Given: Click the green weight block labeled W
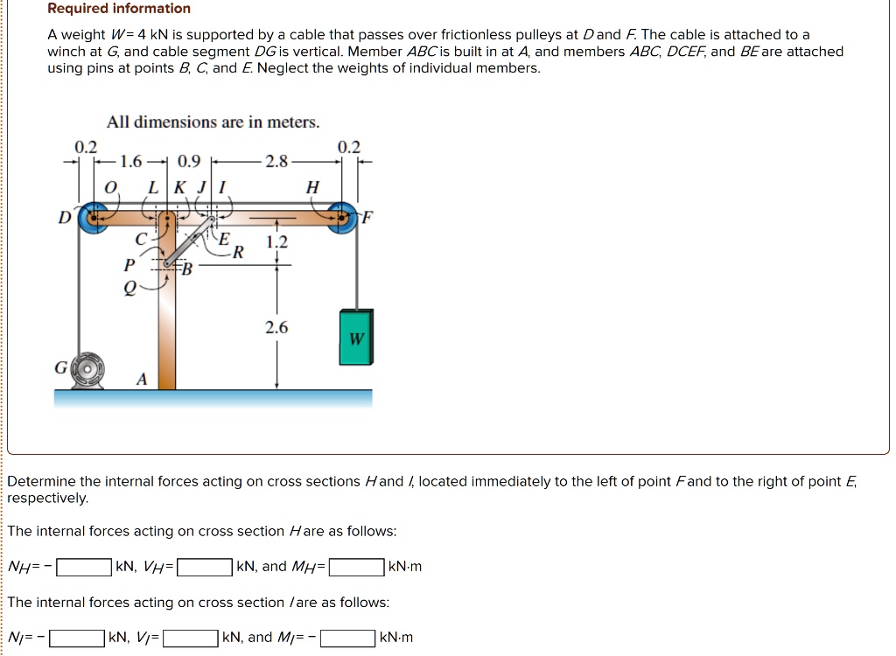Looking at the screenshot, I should (356, 337).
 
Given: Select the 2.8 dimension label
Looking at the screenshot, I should (276, 161).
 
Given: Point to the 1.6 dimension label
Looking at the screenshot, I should (130, 161).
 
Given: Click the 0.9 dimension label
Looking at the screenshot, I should (188, 161).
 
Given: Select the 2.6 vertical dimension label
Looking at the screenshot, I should (276, 328).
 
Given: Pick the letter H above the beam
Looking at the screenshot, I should (312, 187).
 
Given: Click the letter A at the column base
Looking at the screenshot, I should (141, 379).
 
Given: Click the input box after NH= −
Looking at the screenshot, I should (84, 567).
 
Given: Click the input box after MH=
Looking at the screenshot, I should (356, 567).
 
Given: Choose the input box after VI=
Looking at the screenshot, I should (191, 638).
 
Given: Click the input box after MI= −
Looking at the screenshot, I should (348, 638).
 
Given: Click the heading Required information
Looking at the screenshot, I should (119, 9).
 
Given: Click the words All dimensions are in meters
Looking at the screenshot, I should (213, 122).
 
